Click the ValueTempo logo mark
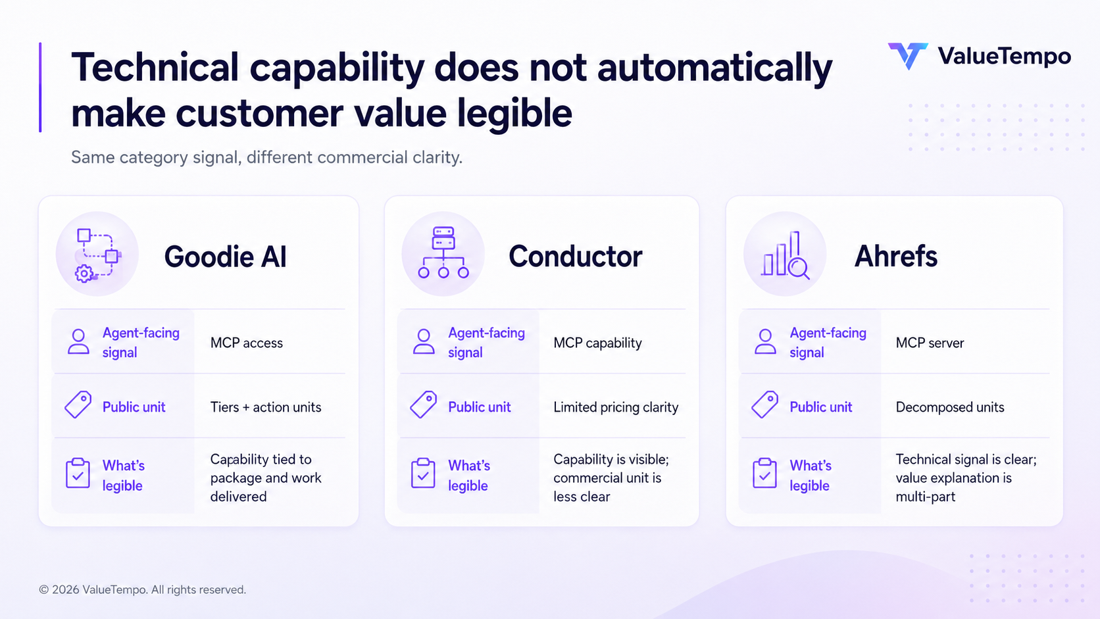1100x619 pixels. click(907, 56)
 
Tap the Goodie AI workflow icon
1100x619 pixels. click(97, 255)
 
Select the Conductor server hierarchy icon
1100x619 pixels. click(443, 253)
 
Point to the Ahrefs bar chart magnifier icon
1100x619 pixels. click(785, 255)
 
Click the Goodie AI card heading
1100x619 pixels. click(226, 257)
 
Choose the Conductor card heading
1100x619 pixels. click(575, 257)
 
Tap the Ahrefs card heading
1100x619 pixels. click(895, 257)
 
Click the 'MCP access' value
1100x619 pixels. click(247, 343)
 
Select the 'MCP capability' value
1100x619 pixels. click(597, 343)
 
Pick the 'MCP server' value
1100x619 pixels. click(930, 343)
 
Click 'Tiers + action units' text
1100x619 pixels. click(266, 407)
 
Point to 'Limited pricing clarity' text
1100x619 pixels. click(616, 407)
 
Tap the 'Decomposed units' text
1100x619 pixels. click(950, 407)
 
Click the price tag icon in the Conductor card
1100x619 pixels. click(423, 405)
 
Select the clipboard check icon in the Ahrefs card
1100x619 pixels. click(764, 473)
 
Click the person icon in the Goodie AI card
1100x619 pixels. click(78, 341)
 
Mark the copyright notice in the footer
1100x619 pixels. click(142, 589)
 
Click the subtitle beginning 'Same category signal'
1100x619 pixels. click(266, 157)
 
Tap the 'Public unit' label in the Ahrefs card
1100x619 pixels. click(820, 407)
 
